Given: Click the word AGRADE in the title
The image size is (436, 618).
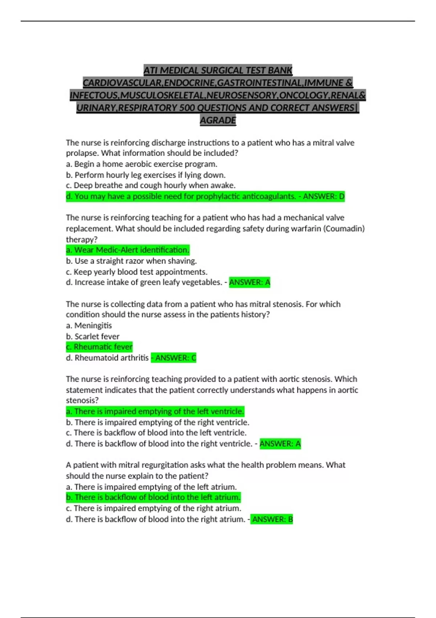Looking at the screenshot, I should (x=218, y=120).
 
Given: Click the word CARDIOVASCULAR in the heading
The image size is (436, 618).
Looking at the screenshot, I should (x=123, y=83).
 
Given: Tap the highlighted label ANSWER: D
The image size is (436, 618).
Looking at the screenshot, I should (x=324, y=197).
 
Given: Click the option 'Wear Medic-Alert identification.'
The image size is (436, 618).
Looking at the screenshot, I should (x=128, y=250).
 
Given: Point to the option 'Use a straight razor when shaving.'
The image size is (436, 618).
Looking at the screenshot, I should (x=131, y=261).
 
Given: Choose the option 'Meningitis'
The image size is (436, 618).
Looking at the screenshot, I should (x=89, y=326).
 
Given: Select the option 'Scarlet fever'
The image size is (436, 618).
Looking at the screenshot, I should (x=93, y=336).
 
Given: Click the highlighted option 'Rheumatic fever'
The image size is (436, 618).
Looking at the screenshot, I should (x=99, y=347).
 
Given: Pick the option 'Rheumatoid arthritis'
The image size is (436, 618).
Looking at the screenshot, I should (x=108, y=358).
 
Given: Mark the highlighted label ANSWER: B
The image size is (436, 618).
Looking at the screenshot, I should (x=272, y=519).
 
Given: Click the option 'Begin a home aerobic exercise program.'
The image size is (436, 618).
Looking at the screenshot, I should (x=142, y=164).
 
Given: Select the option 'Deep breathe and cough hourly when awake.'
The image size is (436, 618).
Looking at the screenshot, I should (x=150, y=185).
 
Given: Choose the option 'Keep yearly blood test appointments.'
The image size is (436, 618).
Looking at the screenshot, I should (x=137, y=272).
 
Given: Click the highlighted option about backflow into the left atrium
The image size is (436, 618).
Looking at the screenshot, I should (x=153, y=497).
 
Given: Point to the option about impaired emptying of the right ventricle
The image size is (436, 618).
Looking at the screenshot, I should (x=158, y=422).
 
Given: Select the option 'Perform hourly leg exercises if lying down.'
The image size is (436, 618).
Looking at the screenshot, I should (x=146, y=175).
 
